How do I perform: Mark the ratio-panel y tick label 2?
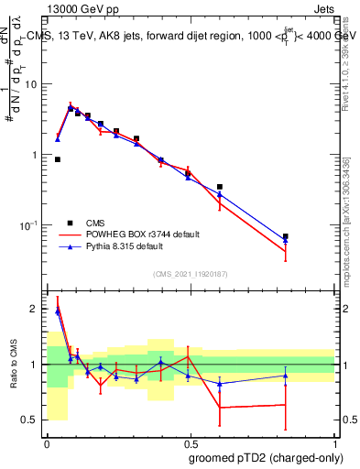(36, 309)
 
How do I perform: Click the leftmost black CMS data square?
(58, 159)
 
